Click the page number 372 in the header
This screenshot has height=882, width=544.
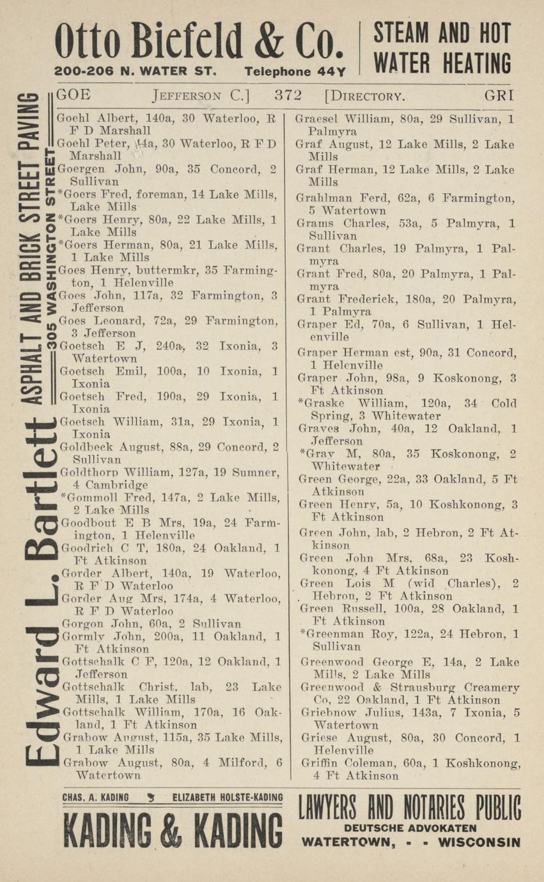[x=288, y=96]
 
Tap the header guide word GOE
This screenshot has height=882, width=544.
[x=74, y=96]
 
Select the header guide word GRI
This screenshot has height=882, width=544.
[x=499, y=96]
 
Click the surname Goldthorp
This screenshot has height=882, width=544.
[x=85, y=473]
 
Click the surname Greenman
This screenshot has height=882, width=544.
[x=332, y=634]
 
